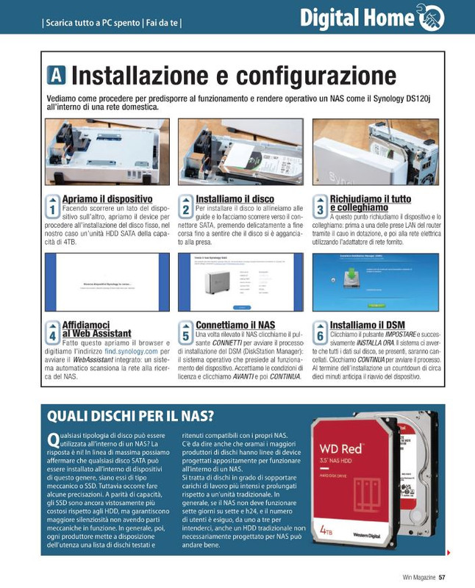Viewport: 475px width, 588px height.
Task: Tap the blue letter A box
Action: point(57,75)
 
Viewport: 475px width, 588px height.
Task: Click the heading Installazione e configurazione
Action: point(234,75)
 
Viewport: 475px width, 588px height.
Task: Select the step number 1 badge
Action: point(52,206)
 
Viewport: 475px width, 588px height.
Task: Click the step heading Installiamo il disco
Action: point(235,199)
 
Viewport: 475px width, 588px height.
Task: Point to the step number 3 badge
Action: point(320,206)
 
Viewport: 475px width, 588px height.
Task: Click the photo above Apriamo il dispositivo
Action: point(107,151)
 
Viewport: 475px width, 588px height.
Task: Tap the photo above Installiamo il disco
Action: point(240,151)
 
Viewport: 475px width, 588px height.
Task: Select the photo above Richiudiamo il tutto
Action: point(375,151)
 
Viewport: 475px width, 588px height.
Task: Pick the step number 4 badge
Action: point(52,332)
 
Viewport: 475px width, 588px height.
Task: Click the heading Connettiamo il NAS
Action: point(235,325)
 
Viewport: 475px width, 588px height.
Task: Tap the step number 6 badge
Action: point(320,332)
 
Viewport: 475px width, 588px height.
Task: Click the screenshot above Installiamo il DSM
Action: point(375,282)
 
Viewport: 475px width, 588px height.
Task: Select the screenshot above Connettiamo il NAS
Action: point(240,282)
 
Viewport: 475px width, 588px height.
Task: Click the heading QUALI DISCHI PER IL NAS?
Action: point(130,417)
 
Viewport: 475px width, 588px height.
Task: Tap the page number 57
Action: point(441,577)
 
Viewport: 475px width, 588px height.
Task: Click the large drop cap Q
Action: point(52,440)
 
